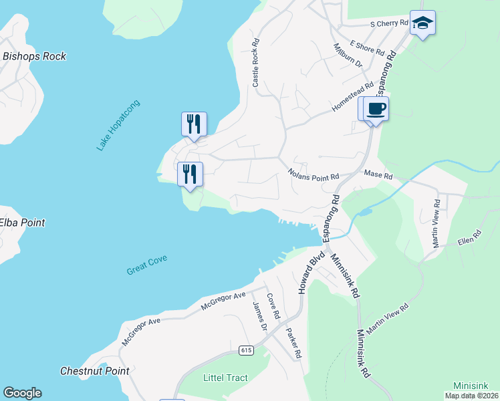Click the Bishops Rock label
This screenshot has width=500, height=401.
click(x=35, y=57)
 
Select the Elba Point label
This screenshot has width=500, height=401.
click(x=22, y=223)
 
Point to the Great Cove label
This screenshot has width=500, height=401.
click(x=146, y=265)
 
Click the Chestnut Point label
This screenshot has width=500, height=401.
click(x=85, y=371)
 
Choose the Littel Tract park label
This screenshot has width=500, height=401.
click(x=225, y=378)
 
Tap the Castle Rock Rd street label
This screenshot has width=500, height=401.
click(x=255, y=62)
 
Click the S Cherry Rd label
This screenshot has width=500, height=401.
click(x=389, y=24)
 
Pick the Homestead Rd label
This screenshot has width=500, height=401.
click(x=352, y=98)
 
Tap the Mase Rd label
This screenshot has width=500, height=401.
click(x=378, y=174)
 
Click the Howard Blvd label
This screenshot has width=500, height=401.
click(x=311, y=273)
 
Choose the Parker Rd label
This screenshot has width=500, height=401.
click(x=294, y=342)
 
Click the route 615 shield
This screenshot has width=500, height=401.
click(x=245, y=350)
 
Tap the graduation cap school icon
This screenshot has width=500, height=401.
click(x=422, y=23)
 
